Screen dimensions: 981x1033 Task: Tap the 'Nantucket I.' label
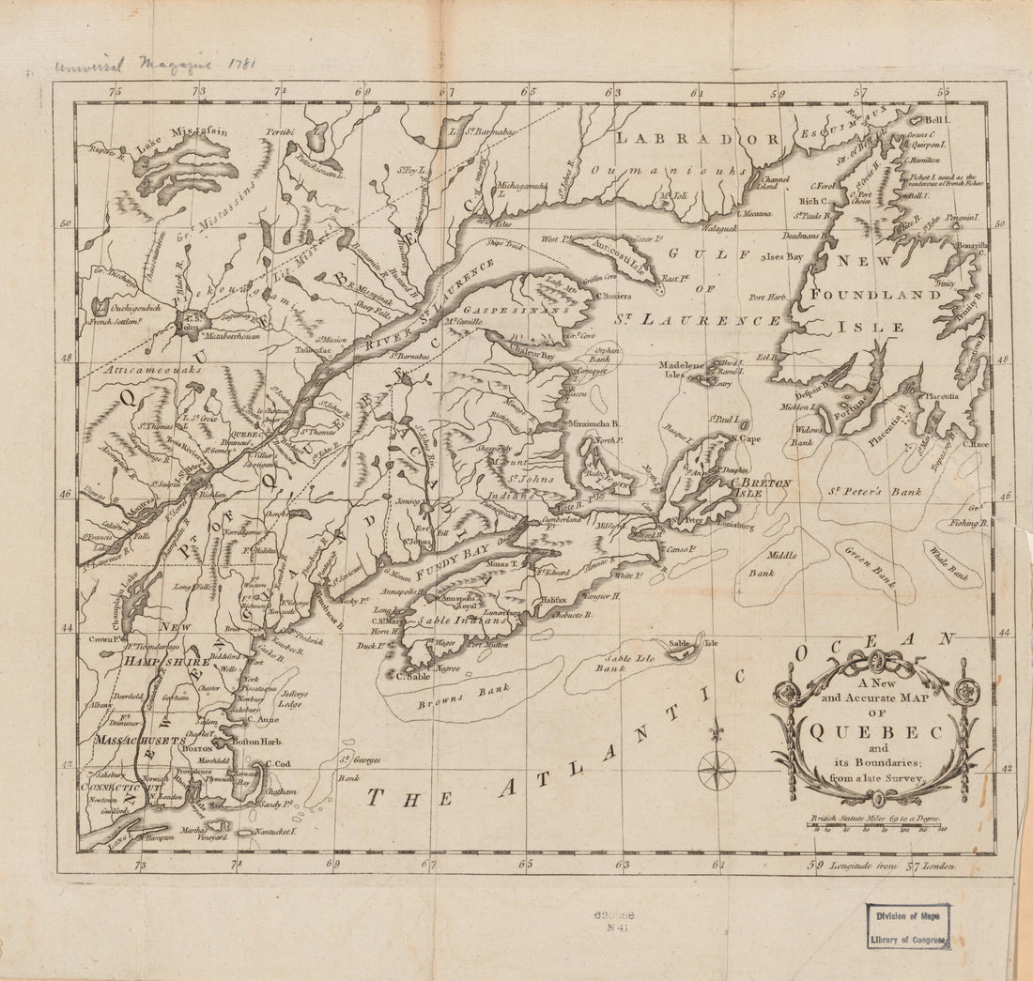pyautogui.click(x=272, y=831)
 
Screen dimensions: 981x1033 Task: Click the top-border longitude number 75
pyautogui.click(x=116, y=92)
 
